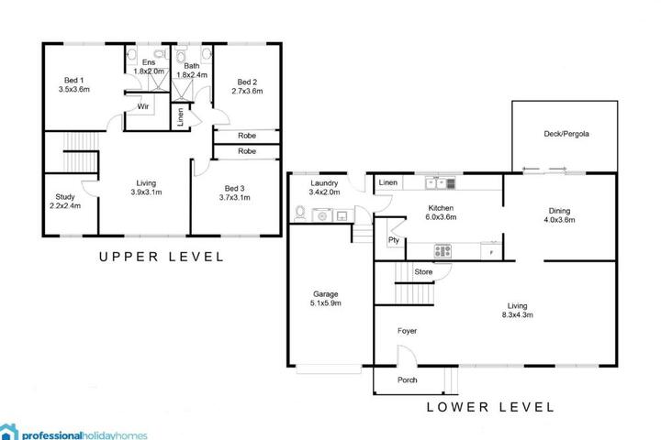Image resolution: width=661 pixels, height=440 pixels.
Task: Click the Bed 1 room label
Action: point(73,84)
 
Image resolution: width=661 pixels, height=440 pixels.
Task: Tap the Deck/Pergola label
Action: point(566,134)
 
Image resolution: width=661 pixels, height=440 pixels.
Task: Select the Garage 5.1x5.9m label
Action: point(325,299)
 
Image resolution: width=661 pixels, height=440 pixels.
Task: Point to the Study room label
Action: point(65,202)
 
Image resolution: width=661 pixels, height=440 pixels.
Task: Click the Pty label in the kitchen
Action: point(393,240)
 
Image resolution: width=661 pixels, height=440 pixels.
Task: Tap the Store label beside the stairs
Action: point(423,272)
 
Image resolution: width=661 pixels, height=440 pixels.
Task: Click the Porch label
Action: point(408,379)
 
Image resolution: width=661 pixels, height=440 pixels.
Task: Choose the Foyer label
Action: point(408,331)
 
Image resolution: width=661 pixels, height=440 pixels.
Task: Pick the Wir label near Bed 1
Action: point(143,106)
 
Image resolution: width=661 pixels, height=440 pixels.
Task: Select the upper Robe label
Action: point(247,136)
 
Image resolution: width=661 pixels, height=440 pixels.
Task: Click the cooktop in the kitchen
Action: point(443,251)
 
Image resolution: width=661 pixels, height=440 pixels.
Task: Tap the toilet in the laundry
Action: point(300,213)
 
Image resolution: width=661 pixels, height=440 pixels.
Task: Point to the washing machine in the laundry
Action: point(322,215)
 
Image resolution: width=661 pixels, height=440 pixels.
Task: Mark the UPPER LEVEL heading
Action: point(161,257)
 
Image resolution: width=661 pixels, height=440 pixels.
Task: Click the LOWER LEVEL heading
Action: point(490,407)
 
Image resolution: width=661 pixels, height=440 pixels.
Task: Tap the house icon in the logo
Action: point(9,432)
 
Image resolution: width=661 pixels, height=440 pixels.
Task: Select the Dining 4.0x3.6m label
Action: point(559,215)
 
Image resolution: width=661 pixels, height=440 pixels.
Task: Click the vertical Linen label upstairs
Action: point(181,116)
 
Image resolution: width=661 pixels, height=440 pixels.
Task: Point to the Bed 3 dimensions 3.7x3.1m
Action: point(235,197)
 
